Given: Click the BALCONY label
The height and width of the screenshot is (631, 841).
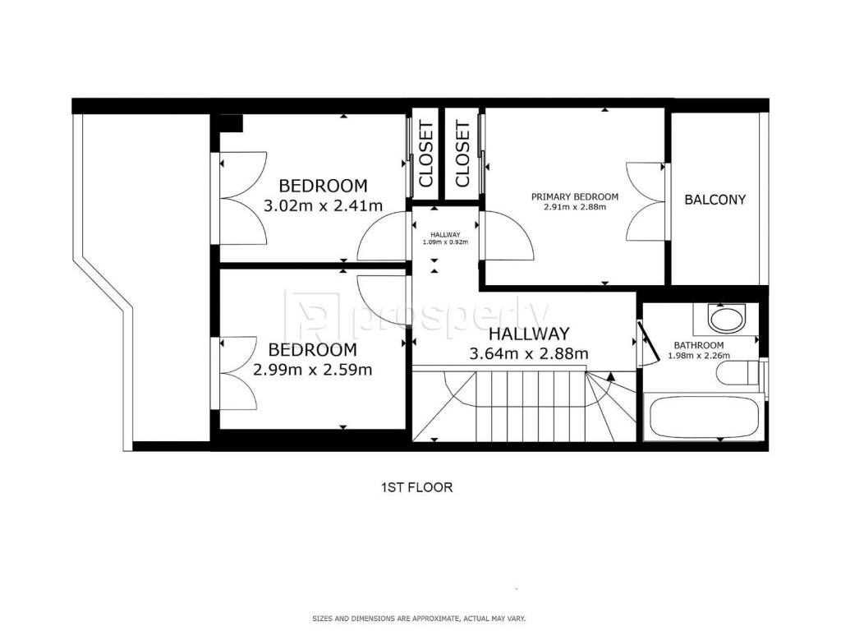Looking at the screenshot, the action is click(x=715, y=200).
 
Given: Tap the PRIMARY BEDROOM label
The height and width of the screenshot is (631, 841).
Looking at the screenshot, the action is click(x=574, y=197).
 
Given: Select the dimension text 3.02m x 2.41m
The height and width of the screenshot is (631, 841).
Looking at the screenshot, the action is click(x=323, y=205).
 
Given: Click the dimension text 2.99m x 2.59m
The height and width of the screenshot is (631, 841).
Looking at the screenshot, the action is click(x=312, y=370).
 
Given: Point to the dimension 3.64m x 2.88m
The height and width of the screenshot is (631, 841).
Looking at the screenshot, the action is click(x=529, y=354).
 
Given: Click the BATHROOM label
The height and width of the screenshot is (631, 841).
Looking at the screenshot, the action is click(x=698, y=346).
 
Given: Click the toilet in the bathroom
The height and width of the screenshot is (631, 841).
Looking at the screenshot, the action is click(x=739, y=373).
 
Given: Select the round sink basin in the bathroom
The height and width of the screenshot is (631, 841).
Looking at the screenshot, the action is click(x=727, y=319).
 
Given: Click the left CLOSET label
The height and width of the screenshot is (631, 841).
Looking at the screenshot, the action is click(x=426, y=154).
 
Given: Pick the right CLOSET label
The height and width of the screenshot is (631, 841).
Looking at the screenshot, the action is click(x=462, y=154).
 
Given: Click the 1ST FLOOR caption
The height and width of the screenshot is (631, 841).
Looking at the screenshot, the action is click(x=416, y=488).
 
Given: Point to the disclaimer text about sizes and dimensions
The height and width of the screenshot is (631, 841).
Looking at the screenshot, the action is click(x=419, y=619).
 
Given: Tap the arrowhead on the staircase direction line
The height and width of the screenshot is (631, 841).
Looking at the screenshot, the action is click(x=610, y=376).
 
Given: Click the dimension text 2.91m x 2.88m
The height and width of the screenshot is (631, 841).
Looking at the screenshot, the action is click(x=574, y=207).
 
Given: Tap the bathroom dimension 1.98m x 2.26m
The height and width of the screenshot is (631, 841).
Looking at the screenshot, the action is click(x=698, y=355).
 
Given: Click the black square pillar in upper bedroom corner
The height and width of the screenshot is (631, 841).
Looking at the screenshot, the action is click(x=231, y=123).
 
